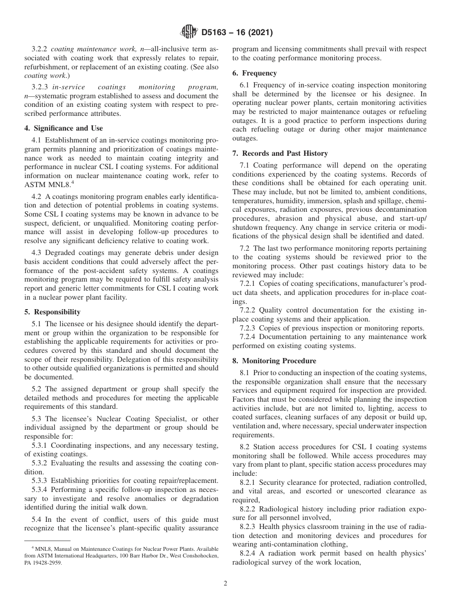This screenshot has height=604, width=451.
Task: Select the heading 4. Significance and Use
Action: point(64,128)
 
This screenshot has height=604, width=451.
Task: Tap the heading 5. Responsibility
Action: point(53,312)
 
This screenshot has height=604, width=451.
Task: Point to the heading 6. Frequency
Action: point(254,73)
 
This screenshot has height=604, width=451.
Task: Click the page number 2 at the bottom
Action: point(225,584)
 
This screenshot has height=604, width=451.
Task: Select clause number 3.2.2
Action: point(39,49)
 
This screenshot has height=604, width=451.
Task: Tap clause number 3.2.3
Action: point(39,87)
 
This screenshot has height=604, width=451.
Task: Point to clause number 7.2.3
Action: point(248,328)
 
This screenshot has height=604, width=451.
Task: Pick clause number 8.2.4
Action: point(248,554)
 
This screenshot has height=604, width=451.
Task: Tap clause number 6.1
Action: point(245,85)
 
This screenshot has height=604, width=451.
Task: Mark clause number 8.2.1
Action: point(248,482)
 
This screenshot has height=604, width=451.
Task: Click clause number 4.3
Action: point(37,253)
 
